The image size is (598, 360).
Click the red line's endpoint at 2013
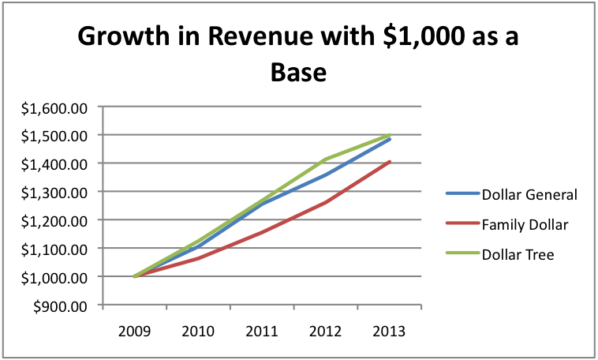pos(390,162)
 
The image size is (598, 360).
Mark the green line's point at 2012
pos(327,159)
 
